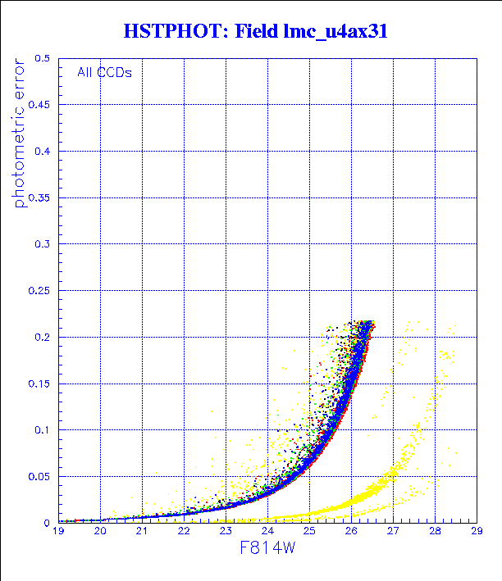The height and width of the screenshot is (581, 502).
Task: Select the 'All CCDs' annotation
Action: tap(104, 72)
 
